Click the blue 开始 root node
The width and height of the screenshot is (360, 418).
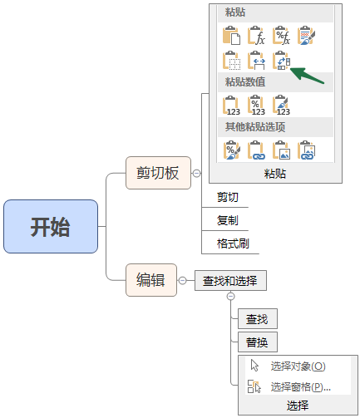[x=51, y=226]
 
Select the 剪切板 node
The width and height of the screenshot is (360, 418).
[x=158, y=173]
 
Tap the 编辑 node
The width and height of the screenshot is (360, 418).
[x=151, y=280]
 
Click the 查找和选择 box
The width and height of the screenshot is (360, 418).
[x=230, y=281]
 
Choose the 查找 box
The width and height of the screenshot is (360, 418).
[x=258, y=319]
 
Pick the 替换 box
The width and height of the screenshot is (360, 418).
[x=258, y=342]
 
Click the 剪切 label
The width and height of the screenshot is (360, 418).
[x=228, y=197]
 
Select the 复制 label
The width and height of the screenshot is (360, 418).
[x=228, y=220]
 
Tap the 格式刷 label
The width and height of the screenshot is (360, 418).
[x=233, y=243]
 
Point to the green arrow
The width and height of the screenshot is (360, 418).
[x=307, y=76]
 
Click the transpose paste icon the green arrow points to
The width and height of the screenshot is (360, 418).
[x=281, y=60]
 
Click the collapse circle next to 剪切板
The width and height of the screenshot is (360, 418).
[x=196, y=174]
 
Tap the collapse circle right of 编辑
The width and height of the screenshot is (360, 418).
[x=182, y=281]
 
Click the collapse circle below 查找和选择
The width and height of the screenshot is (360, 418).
[x=230, y=297]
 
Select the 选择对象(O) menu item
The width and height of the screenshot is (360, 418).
[x=288, y=366]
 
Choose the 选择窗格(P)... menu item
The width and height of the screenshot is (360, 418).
[x=289, y=386]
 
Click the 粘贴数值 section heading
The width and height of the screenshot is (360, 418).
[x=245, y=82]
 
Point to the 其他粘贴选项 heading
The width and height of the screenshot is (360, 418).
[x=255, y=127]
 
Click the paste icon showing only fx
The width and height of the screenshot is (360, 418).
[x=256, y=36]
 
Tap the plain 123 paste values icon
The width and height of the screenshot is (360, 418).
[x=231, y=106]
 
